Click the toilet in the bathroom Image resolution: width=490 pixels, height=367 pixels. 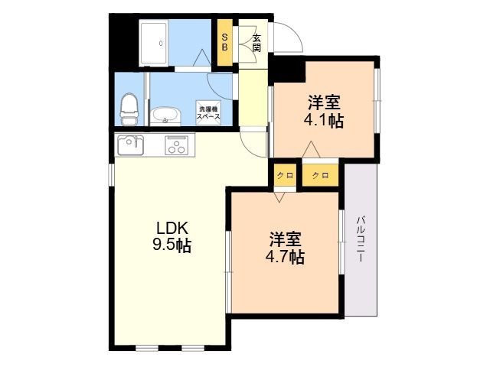129,109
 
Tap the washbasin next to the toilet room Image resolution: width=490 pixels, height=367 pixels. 165,116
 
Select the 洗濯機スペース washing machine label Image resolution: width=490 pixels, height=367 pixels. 208,112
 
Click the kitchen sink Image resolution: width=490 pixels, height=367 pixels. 131,145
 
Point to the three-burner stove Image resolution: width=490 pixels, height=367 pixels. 177,145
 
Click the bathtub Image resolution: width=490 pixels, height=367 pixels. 154,43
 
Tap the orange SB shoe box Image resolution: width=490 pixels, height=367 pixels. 224,43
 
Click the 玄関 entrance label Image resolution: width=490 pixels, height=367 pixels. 256,43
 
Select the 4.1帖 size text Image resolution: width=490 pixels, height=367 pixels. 324,121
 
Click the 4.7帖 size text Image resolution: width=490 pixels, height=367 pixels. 285,257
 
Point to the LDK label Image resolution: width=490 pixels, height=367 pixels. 172,228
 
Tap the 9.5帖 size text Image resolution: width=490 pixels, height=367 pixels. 171,245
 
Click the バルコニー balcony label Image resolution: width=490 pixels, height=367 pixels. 361,239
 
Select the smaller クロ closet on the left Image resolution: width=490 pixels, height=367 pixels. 285,175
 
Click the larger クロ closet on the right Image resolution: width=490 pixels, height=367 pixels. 320,175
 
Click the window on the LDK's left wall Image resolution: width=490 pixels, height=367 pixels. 111,174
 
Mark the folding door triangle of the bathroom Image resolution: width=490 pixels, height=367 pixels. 201,58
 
